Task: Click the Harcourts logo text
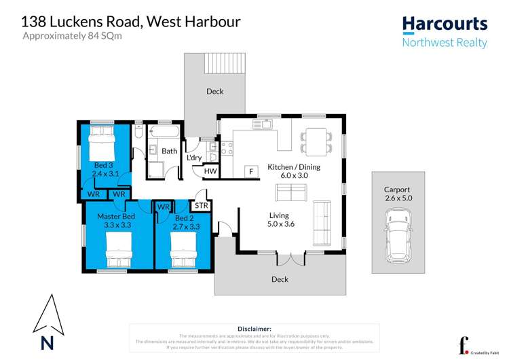coord(445,24)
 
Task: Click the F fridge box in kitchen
coord(251,172)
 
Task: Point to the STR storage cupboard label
coord(201,205)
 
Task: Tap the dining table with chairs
coord(317,140)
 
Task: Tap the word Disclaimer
coord(254,328)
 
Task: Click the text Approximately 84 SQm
coord(67,35)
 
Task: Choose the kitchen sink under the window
coord(263,124)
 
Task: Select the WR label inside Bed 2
coord(164,206)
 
